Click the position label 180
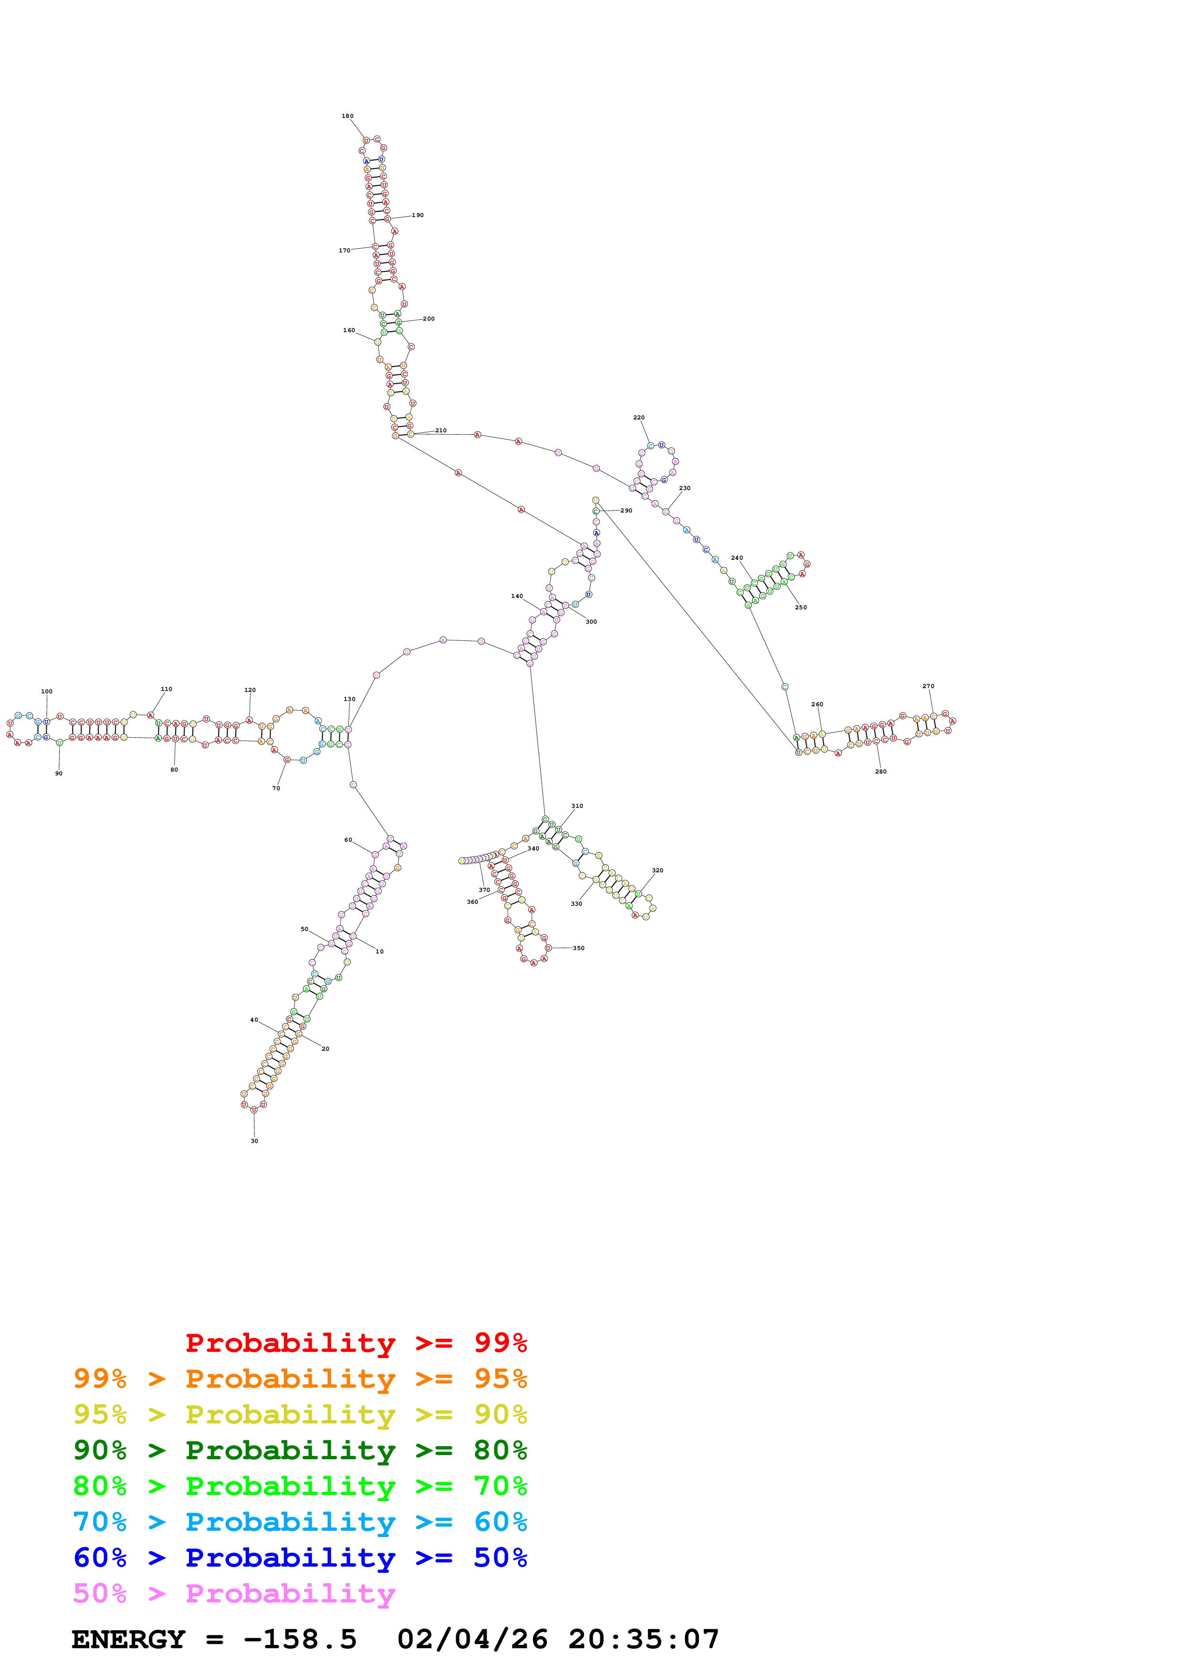point(348,116)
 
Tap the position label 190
point(418,215)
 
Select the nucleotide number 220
point(639,418)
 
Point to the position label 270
point(928,686)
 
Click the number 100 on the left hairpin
point(47,691)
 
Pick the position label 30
point(254,1141)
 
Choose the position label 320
point(658,870)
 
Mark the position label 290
point(626,511)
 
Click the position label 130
point(349,699)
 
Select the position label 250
point(800,607)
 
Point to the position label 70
point(276,788)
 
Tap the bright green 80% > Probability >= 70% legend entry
point(300,1486)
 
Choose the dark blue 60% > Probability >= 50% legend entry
point(300,1558)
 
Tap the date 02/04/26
point(472,1640)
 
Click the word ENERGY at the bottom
point(128,1640)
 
